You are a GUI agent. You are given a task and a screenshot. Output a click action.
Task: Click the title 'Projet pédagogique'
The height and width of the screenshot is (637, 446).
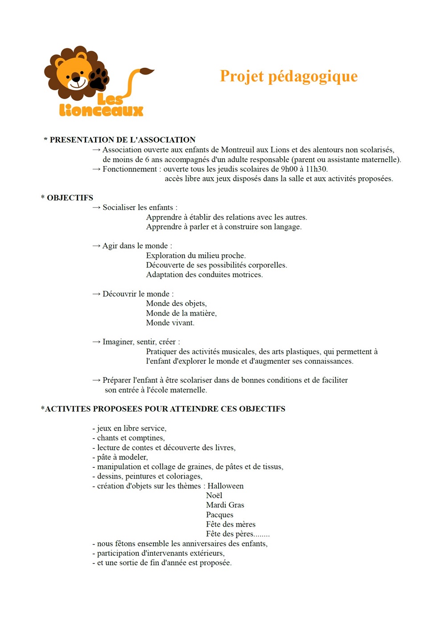tap(289, 76)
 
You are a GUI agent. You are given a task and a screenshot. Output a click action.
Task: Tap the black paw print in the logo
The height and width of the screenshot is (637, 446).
tap(99, 79)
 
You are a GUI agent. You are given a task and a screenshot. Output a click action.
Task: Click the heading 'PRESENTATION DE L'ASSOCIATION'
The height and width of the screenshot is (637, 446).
tap(122, 140)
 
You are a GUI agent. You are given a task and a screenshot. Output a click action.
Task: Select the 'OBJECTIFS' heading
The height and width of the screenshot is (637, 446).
tap(70, 198)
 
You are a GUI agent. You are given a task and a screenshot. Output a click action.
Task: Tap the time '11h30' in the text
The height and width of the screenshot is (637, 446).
tap(316, 169)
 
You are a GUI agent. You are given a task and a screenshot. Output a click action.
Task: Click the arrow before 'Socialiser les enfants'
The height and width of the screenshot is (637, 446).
tap(96, 208)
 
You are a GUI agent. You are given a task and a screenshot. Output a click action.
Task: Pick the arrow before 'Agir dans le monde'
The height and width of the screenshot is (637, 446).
tap(96, 246)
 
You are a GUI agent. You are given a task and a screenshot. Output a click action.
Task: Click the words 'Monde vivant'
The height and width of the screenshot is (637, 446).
tap(170, 323)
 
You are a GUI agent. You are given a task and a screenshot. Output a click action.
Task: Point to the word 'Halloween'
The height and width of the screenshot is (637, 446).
tap(225, 486)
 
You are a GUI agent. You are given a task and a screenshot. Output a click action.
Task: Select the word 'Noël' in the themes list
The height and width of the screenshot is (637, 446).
tap(214, 495)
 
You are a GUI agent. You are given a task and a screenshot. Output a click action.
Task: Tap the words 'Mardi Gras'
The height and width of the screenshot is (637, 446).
tap(225, 505)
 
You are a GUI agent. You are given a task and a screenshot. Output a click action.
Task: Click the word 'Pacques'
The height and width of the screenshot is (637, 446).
tap(219, 515)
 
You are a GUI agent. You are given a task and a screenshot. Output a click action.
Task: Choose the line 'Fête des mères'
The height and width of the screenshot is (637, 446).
tap(231, 525)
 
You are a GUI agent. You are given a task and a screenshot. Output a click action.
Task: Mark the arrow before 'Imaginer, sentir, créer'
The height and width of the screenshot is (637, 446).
tap(96, 342)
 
